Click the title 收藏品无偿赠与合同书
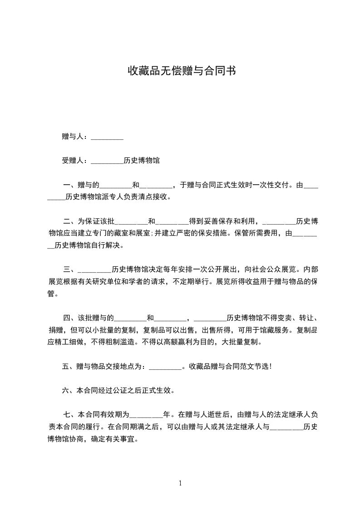(181, 71)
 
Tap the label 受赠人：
(76, 161)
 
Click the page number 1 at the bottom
(180, 483)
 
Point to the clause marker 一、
(70, 185)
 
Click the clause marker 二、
(70, 221)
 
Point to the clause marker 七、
(70, 415)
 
